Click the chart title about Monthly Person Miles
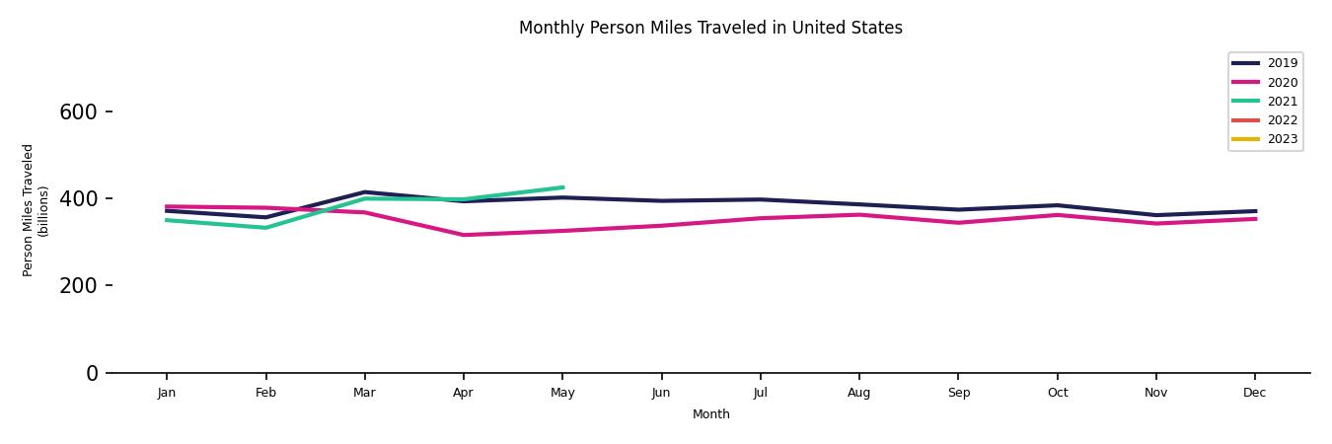(710, 28)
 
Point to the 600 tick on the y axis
(78, 112)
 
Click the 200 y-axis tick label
(78, 286)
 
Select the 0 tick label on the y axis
(92, 373)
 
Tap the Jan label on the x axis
(167, 393)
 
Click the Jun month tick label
(661, 393)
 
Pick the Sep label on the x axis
(958, 393)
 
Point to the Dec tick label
(1254, 393)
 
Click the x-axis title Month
(710, 414)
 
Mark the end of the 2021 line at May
(562, 187)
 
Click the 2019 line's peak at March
(364, 192)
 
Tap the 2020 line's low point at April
(463, 235)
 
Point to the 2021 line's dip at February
(265, 228)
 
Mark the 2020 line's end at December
(1255, 219)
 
